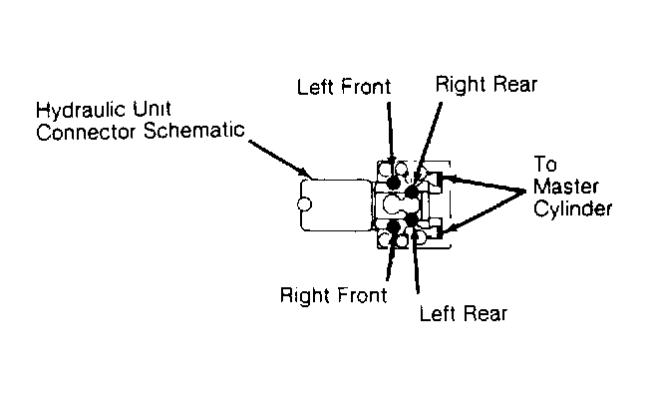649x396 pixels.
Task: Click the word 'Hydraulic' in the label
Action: [81, 111]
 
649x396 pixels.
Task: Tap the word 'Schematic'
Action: [194, 131]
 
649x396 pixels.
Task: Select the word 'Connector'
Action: [86, 133]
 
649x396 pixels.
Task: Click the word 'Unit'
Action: [152, 109]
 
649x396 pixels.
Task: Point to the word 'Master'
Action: [566, 187]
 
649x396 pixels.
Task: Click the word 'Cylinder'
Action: [572, 208]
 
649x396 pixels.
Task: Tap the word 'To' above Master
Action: [545, 164]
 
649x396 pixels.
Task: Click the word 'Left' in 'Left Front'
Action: [315, 87]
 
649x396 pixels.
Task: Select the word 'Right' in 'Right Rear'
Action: [460, 86]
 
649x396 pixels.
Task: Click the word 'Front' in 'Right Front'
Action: [362, 295]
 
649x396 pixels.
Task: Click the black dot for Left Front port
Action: [393, 183]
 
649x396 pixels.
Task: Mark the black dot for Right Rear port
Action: [412, 192]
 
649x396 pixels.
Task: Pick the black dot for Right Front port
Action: [393, 226]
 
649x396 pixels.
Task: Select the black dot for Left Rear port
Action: [412, 219]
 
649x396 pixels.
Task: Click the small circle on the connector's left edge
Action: [304, 204]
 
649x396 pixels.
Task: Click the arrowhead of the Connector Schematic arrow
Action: [304, 174]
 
